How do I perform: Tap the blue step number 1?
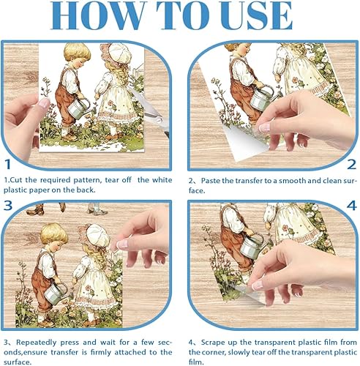[8, 164]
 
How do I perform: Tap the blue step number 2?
[351, 165]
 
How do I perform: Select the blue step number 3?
[8, 206]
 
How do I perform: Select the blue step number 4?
[351, 206]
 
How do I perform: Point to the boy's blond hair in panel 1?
[77, 52]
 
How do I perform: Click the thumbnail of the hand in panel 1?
[44, 103]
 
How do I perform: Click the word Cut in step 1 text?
[17, 180]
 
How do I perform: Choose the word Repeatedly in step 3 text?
[37, 343]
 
